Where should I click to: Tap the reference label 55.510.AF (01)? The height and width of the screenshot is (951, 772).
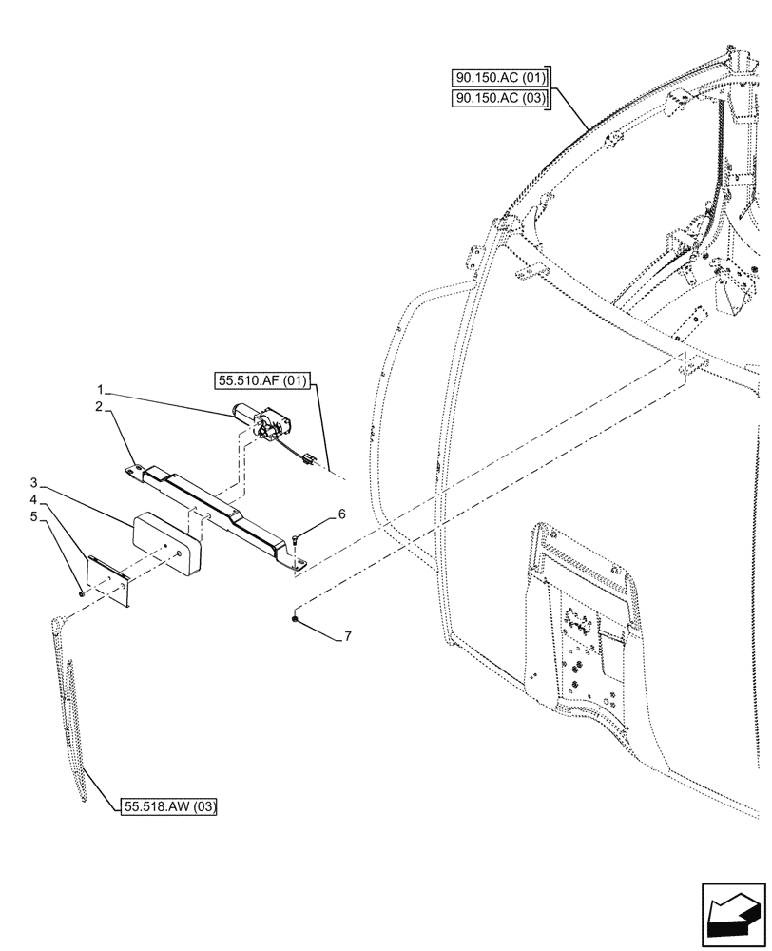pos(263,382)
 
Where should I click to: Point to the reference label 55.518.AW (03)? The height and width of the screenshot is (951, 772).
pos(170,807)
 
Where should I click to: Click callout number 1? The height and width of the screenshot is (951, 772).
pos(99,389)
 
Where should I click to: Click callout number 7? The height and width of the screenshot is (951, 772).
pos(347,636)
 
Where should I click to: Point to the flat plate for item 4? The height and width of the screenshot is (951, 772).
pos(108,577)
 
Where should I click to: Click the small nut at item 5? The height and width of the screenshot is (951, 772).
pos(82,592)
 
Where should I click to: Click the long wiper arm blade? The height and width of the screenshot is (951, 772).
pos(72,704)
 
